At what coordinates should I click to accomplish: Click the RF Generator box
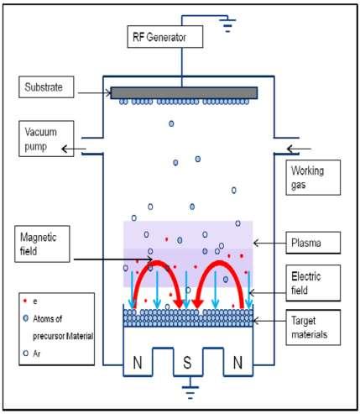coord(165,37)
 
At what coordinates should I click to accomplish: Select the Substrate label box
coord(46,87)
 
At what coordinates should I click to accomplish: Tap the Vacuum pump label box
coord(46,139)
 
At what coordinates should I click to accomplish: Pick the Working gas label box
coord(313,178)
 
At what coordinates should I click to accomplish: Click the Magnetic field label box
coord(42,244)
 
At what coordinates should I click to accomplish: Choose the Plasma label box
coord(313,243)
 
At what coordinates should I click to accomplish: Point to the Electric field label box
coord(313,283)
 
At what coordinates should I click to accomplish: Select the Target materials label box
coord(313,328)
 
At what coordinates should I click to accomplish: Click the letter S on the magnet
coord(187,363)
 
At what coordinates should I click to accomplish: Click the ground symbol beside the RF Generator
coord(227,25)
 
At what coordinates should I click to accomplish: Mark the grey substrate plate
coord(184,93)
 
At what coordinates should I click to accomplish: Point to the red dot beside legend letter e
coord(25,301)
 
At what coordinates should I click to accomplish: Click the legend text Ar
coord(37,354)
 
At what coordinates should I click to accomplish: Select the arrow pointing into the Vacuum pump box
coord(74,149)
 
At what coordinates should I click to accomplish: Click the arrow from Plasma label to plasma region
coord(269,243)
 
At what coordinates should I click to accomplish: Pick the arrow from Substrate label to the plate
coord(95,93)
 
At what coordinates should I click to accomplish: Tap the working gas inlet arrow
coord(299,149)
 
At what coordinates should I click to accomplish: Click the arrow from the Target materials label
coord(269,321)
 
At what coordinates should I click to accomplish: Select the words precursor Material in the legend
coord(63,336)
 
